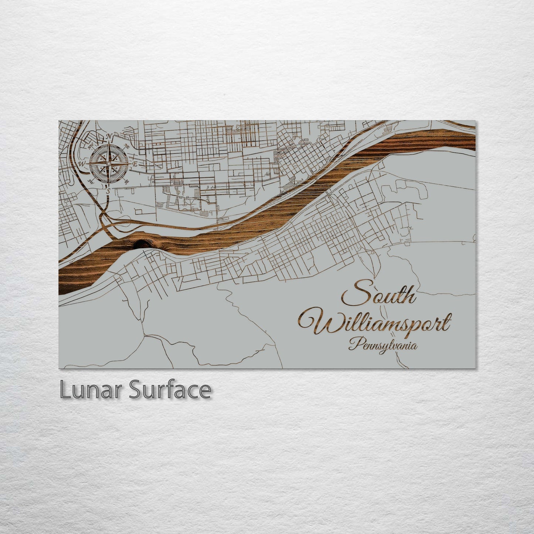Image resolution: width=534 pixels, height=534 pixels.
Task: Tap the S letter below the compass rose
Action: pos(108,191)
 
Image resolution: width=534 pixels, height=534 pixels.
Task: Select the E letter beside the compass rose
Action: pos(135,164)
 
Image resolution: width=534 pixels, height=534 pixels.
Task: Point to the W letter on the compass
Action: pos(82,163)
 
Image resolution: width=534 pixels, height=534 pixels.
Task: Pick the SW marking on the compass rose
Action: pos(90,181)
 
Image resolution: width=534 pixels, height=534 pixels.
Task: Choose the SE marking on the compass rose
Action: pos(127,181)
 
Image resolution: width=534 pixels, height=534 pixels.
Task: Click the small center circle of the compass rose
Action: pos(109,163)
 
